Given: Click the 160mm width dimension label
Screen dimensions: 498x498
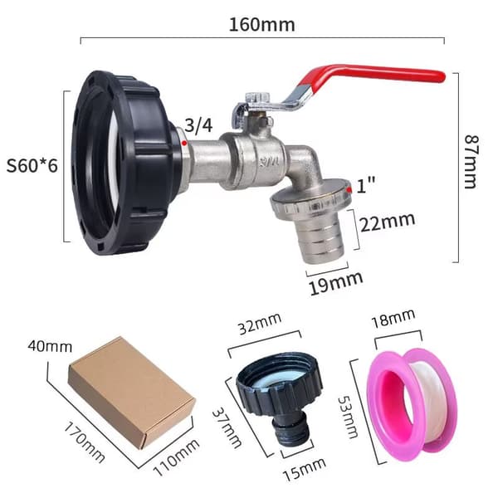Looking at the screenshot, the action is click(x=261, y=25).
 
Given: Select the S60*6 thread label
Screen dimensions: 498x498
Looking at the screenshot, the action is click(x=32, y=165).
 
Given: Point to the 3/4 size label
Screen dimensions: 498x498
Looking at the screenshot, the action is click(x=198, y=125).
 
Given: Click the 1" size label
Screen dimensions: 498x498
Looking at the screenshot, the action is click(x=365, y=184).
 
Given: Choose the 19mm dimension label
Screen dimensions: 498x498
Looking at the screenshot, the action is click(x=336, y=283).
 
